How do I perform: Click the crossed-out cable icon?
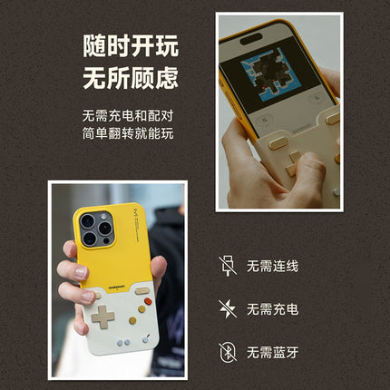click(x=226, y=265)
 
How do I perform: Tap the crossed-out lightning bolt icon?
click(x=226, y=308)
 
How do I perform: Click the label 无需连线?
click(x=273, y=266)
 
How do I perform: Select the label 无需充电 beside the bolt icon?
click(x=273, y=309)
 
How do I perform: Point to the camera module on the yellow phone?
click(x=95, y=229)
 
